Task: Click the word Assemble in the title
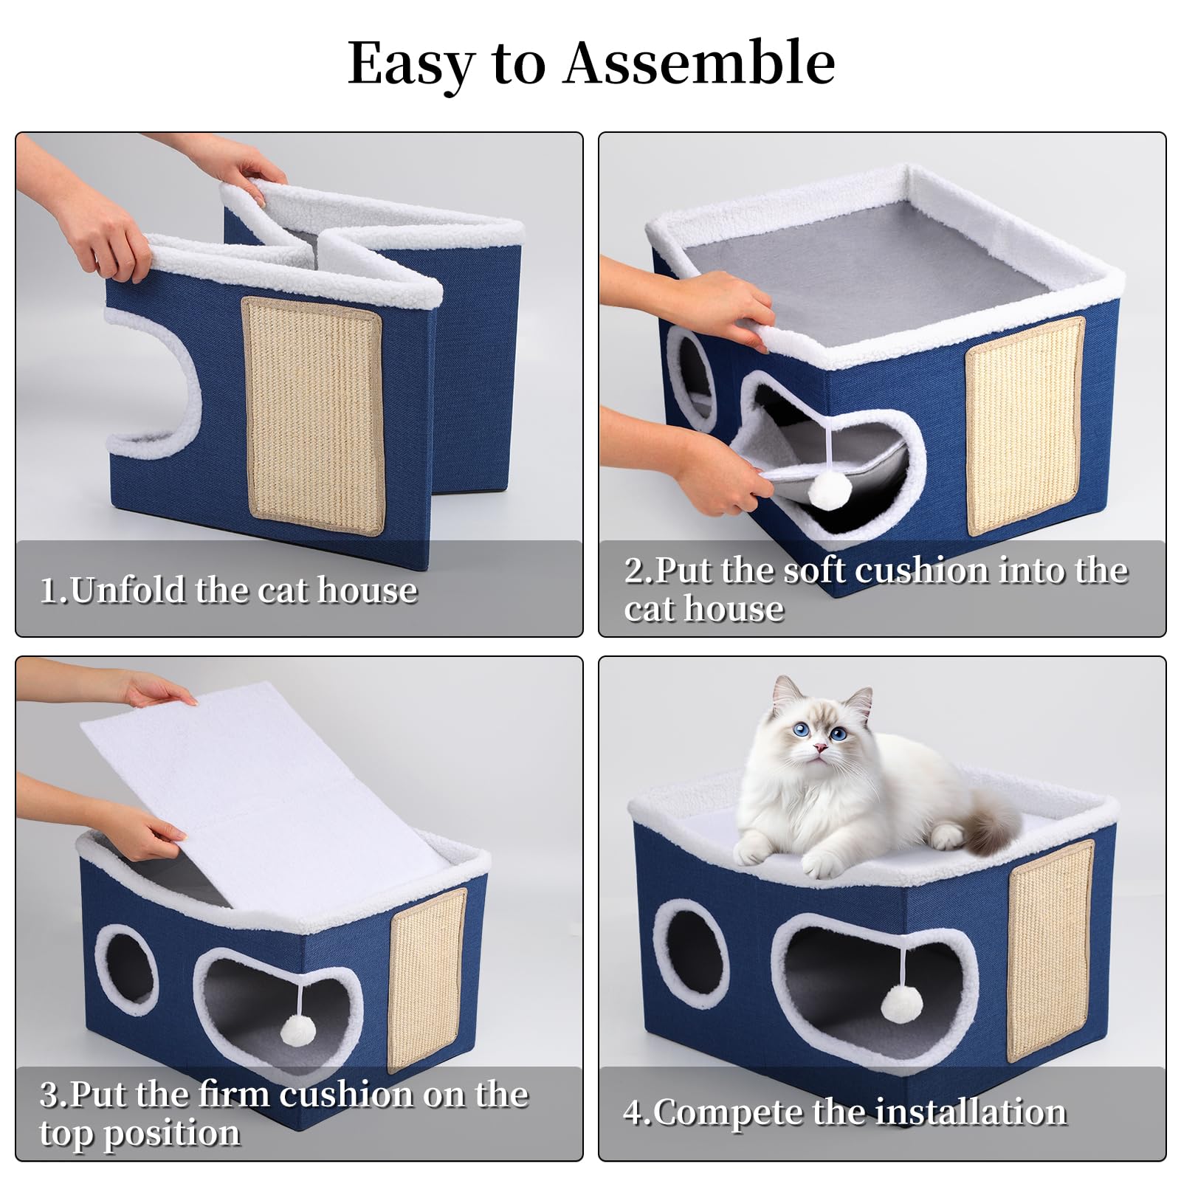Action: [x=699, y=63]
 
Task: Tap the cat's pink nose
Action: [x=818, y=747]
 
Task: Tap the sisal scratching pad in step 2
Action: [x=1025, y=427]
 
